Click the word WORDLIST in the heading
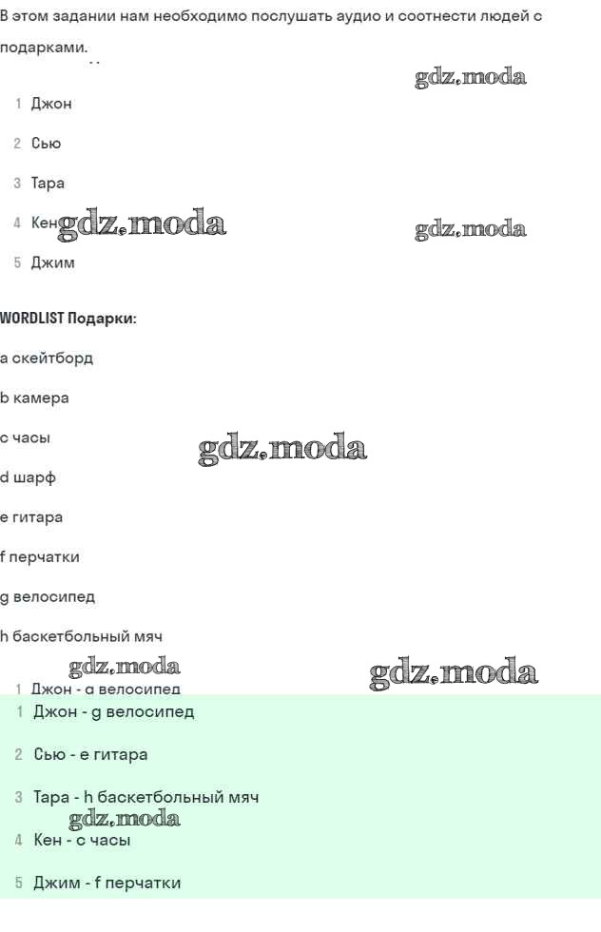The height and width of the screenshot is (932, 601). (31, 319)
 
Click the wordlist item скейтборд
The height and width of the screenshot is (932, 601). (52, 359)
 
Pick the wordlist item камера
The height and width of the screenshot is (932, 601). (41, 398)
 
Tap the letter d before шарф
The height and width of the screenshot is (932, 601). (4, 477)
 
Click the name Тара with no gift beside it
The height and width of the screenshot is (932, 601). (48, 184)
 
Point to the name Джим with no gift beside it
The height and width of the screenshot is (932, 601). (52, 262)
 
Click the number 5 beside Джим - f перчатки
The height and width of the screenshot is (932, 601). (18, 883)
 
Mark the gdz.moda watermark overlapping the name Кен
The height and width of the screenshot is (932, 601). (143, 225)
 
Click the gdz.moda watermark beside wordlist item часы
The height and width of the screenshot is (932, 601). (282, 449)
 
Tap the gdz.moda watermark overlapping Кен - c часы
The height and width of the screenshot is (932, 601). (125, 819)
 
